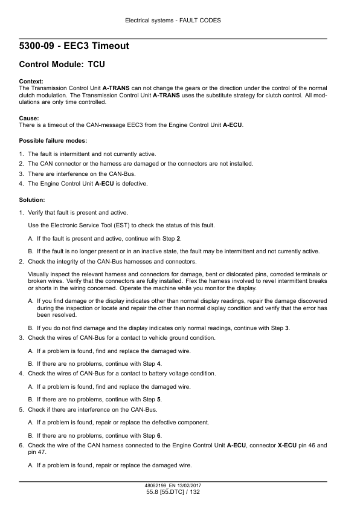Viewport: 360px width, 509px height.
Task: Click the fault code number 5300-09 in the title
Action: pos(40,46)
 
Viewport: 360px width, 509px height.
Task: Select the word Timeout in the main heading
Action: pos(108,46)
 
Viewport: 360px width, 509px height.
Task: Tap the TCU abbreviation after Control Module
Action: pos(98,63)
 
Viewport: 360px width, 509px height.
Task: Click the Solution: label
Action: pos(33,199)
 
